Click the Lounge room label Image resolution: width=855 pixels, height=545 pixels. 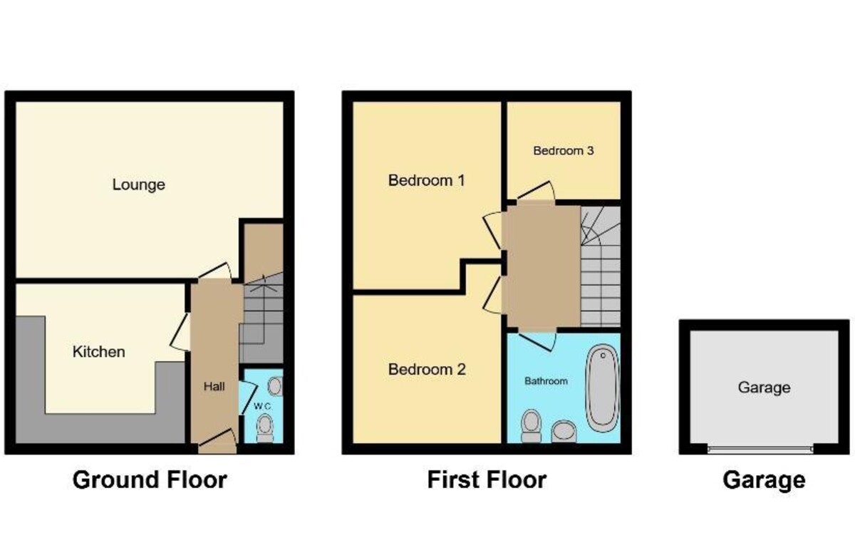[x=139, y=185]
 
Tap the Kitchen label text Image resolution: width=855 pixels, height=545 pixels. [x=99, y=352]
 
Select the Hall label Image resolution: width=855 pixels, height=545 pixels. [x=214, y=387]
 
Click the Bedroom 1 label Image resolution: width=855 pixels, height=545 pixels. [x=426, y=180]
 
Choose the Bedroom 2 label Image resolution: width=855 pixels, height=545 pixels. [x=426, y=370]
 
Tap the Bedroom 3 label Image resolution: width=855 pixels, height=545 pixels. [x=564, y=151]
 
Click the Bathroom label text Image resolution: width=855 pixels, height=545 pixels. [x=546, y=381]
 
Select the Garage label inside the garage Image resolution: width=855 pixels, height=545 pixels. [x=764, y=388]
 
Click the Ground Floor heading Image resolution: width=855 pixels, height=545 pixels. [x=150, y=480]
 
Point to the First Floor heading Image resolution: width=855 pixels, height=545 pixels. [x=487, y=480]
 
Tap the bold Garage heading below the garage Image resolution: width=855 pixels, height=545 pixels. [x=764, y=480]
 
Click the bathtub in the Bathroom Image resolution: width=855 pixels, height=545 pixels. [x=602, y=388]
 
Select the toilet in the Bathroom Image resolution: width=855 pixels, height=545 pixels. [x=531, y=425]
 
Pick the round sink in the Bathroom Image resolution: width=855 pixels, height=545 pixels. [x=564, y=430]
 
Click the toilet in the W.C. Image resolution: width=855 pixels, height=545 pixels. [x=265, y=428]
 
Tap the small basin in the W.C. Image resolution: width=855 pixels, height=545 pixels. [x=274, y=386]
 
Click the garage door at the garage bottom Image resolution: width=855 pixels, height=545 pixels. [x=761, y=449]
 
